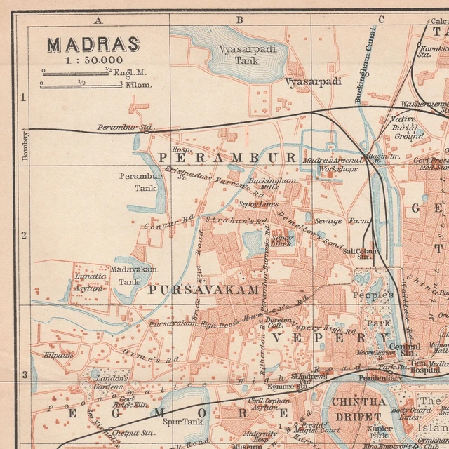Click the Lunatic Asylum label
point(90,282)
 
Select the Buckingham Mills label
point(273,184)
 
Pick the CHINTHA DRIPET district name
point(358,408)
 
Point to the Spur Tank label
point(177,422)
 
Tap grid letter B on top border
point(239,20)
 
